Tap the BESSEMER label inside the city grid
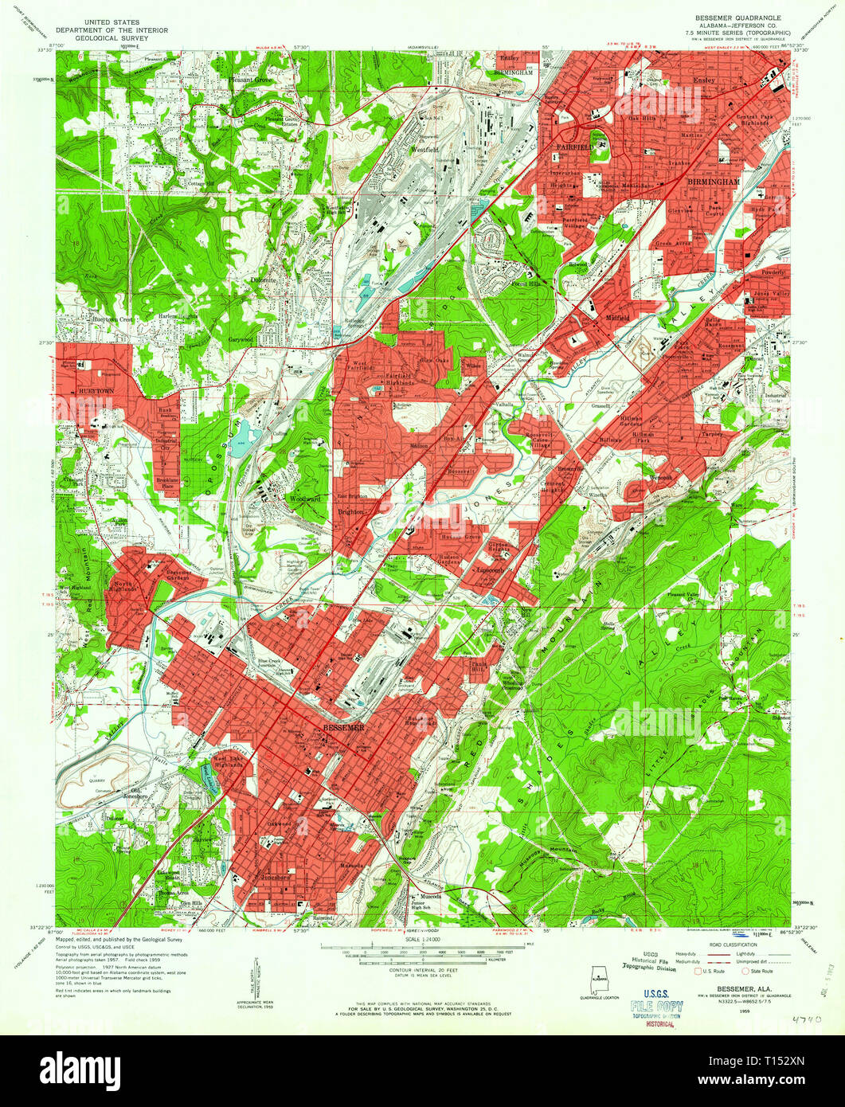pyautogui.click(x=344, y=727)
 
